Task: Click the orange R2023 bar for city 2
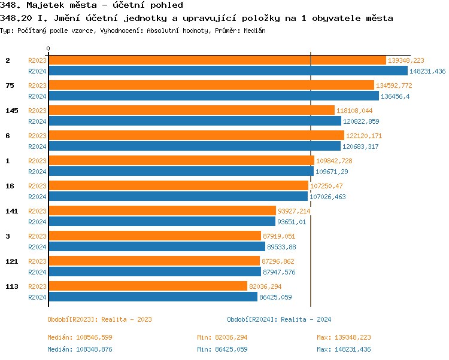point(217,60)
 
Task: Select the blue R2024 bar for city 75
point(213,96)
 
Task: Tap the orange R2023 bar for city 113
point(147,286)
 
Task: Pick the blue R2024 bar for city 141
point(162,222)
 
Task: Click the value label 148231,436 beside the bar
point(427,71)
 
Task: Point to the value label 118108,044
point(354,111)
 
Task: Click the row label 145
point(11,111)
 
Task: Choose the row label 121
point(11,261)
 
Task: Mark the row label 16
point(10,186)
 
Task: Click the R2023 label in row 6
point(37,136)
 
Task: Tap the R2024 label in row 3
point(37,247)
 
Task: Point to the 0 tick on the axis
point(48,48)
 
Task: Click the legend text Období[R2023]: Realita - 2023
point(99,319)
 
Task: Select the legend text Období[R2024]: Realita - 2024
point(279,319)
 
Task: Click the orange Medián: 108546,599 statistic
point(80,338)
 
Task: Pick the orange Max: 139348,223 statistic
point(344,338)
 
